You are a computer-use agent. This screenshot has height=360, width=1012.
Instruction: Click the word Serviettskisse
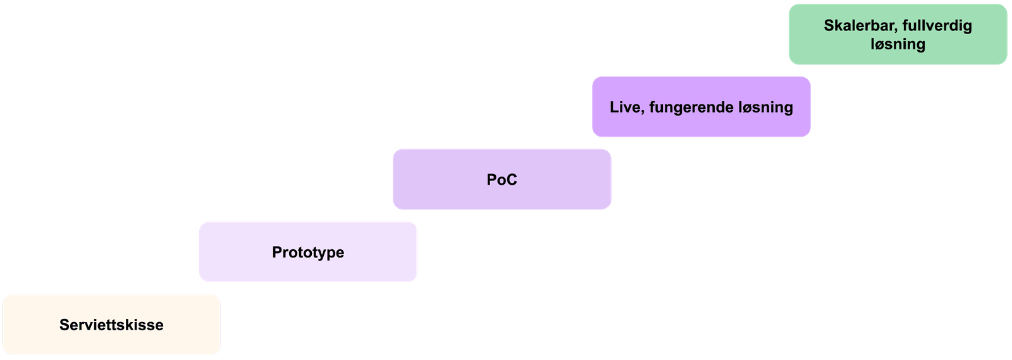(x=111, y=325)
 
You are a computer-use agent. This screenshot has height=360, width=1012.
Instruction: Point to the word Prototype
(x=308, y=252)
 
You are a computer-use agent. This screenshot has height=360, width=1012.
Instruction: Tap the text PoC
(x=502, y=180)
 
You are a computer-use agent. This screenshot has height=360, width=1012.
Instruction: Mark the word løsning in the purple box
(x=764, y=108)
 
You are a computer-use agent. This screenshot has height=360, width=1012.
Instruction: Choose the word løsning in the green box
(x=898, y=44)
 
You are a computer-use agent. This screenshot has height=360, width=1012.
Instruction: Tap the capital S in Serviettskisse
(x=64, y=325)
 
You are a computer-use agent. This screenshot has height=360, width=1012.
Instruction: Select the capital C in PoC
(x=511, y=180)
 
